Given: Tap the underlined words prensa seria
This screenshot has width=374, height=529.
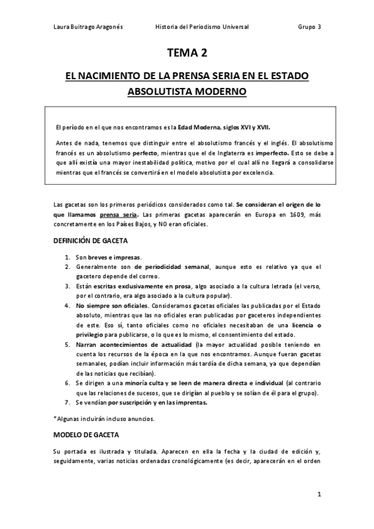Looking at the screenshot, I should pos(118,215).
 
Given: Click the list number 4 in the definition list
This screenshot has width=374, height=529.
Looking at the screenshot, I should pos(67,306).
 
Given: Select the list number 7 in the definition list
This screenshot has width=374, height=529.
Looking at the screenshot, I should pos(67,402).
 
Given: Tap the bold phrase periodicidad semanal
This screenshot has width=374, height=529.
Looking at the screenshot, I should pos(171,267).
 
